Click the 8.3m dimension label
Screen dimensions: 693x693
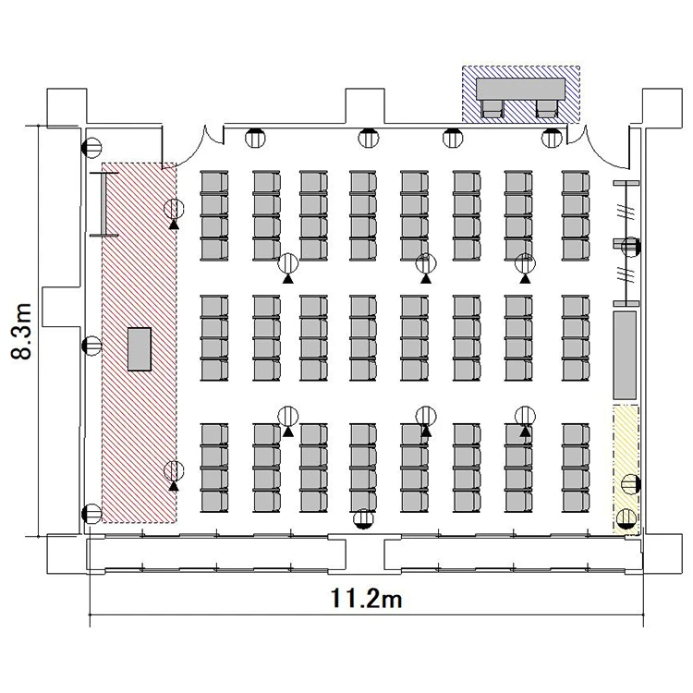[x=21, y=332]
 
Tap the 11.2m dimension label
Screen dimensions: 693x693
[x=367, y=600]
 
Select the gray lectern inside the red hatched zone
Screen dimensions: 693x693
[x=140, y=348]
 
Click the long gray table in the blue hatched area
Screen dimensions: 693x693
[x=520, y=89]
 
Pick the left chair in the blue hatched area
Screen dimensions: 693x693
[x=492, y=109]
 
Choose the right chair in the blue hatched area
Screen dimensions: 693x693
[x=548, y=109]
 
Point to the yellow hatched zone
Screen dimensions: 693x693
[x=626, y=469]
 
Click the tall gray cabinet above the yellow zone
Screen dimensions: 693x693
[x=625, y=355]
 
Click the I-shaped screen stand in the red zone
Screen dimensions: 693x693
[x=103, y=204]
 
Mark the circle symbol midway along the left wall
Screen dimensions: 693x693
[x=92, y=346]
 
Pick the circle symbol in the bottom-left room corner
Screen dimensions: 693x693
[x=91, y=514]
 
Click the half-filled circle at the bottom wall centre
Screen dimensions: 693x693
[x=363, y=518]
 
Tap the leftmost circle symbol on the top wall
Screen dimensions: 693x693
[x=255, y=138]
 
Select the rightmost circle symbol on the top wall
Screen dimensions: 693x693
[x=552, y=138]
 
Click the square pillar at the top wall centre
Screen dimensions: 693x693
[x=365, y=106]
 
